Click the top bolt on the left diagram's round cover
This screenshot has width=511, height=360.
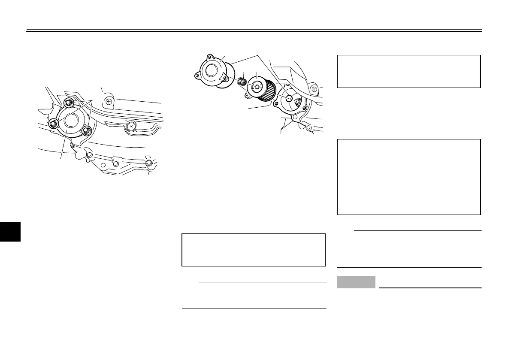68,103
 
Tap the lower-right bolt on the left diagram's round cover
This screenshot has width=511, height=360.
87,130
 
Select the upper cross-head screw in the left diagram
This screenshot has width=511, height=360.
109,101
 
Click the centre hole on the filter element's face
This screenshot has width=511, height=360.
257,86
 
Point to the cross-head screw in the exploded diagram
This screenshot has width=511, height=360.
314,89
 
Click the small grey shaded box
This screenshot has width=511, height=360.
356,282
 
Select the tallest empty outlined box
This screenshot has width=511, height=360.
408,176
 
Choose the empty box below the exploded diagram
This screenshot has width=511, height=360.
253,250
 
